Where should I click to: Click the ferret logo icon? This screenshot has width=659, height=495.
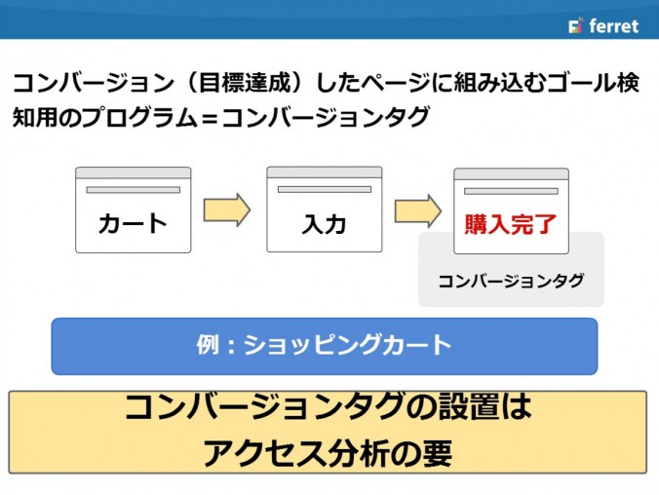(x=576, y=25)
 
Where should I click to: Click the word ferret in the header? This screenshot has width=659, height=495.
(x=613, y=25)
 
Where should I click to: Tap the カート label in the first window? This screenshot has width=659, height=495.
(x=133, y=223)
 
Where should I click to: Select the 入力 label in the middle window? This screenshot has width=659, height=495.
(x=324, y=224)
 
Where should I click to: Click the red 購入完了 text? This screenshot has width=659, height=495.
(x=511, y=224)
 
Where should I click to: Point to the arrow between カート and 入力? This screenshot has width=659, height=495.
(x=227, y=209)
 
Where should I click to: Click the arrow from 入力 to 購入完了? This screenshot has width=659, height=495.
(x=418, y=210)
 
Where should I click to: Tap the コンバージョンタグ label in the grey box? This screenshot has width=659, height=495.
(x=511, y=281)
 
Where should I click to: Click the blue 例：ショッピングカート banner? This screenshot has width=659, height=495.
(x=325, y=346)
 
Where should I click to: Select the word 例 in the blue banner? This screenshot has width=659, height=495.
(x=208, y=345)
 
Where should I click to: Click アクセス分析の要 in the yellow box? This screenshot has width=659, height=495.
(x=328, y=453)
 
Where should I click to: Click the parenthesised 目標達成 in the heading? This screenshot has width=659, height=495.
(x=245, y=82)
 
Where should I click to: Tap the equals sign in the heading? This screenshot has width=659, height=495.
(x=210, y=118)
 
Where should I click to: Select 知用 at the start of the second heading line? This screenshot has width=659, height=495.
(x=35, y=117)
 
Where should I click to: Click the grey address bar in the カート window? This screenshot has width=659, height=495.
(x=134, y=190)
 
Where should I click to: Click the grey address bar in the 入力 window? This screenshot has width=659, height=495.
(x=325, y=189)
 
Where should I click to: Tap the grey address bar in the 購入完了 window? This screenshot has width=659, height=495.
(x=511, y=191)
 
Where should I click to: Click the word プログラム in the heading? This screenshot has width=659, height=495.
(x=139, y=117)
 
